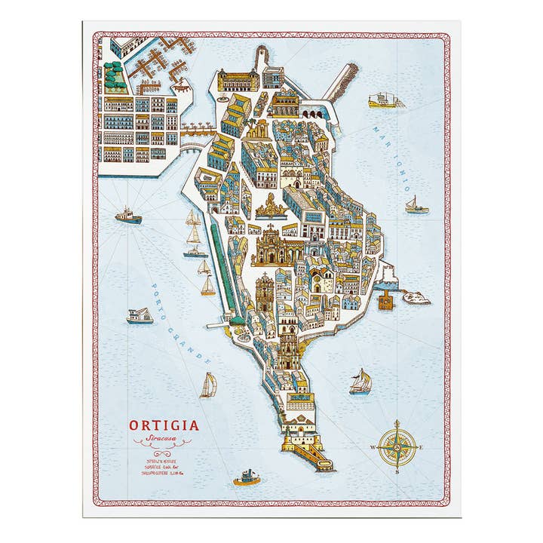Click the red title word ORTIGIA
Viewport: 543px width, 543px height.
164,426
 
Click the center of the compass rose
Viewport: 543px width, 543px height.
397,447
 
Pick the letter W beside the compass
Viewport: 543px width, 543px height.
373,448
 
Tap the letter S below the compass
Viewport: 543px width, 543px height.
397,472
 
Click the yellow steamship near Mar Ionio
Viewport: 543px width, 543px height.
385,100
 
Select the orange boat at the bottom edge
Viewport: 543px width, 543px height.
247,477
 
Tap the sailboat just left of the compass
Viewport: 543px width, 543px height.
360,382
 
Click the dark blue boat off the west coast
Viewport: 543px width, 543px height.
128,216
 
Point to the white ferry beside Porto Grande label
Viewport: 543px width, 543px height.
140,316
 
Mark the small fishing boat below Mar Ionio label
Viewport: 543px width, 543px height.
416,205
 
